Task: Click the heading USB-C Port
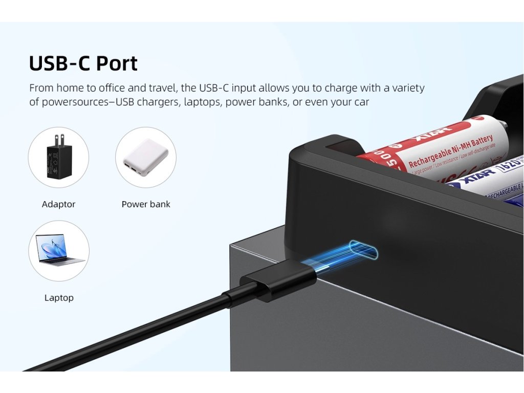click(x=83, y=63)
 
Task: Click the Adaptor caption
click(x=58, y=204)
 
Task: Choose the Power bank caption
click(x=146, y=204)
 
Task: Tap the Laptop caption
click(x=59, y=298)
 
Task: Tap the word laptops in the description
click(x=201, y=102)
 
